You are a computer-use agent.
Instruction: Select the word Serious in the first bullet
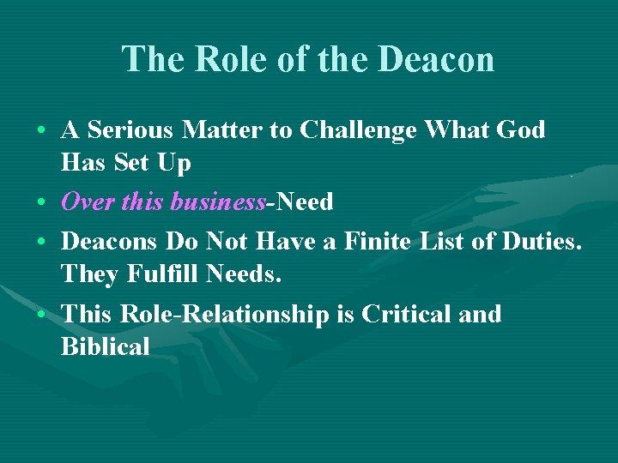point(130,130)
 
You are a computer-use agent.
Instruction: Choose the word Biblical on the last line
point(106,346)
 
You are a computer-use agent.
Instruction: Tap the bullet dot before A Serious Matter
point(41,131)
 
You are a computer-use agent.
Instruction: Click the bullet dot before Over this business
point(41,202)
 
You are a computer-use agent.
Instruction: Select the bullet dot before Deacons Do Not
point(41,243)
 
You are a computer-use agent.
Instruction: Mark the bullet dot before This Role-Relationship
point(41,315)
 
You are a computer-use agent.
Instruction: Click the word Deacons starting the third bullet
point(109,242)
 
